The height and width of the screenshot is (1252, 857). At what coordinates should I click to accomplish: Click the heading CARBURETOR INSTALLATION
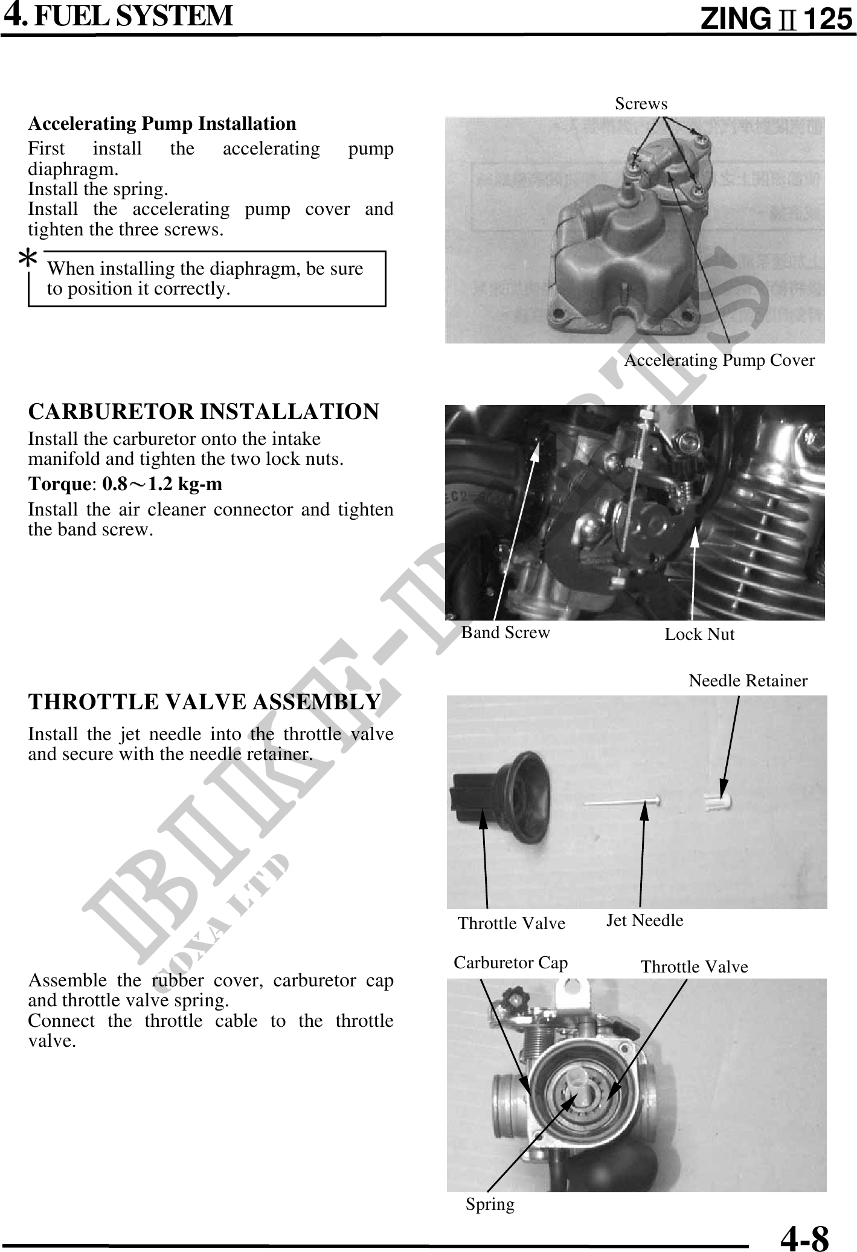coord(204,411)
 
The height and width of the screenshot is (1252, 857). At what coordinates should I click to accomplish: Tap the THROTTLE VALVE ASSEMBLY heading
coord(205,702)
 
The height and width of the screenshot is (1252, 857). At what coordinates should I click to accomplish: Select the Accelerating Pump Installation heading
coord(162,124)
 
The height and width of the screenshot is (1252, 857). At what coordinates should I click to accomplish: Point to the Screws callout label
coord(641,104)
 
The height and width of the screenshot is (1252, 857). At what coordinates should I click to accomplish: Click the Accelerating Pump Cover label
coord(719,360)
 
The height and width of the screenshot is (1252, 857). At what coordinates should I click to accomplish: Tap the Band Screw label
coord(506,632)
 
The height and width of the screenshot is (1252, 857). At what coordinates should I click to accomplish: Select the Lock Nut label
coord(699,634)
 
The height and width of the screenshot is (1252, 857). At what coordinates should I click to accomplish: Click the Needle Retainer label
coord(748,681)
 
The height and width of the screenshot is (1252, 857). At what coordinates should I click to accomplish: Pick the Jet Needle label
coord(644,920)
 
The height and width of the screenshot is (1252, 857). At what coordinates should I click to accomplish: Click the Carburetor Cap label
coord(510,962)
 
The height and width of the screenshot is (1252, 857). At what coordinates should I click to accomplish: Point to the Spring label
coord(490,1204)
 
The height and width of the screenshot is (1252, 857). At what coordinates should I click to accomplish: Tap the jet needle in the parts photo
coord(622,802)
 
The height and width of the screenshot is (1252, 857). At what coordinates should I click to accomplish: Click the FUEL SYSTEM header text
coord(133,16)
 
